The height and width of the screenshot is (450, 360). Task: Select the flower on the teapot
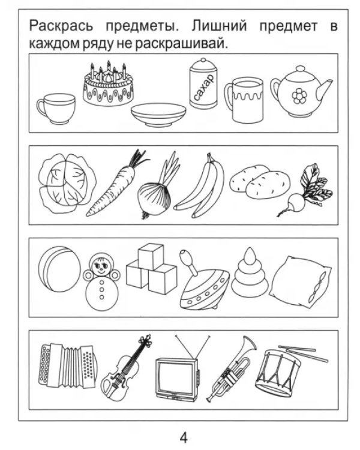299,96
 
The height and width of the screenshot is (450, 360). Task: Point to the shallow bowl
158,114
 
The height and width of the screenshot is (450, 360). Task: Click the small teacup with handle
56,109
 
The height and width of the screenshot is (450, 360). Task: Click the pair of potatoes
260,181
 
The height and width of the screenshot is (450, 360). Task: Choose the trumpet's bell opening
249,343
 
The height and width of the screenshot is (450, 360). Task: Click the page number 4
184,438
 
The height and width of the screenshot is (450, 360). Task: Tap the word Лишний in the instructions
219,26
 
